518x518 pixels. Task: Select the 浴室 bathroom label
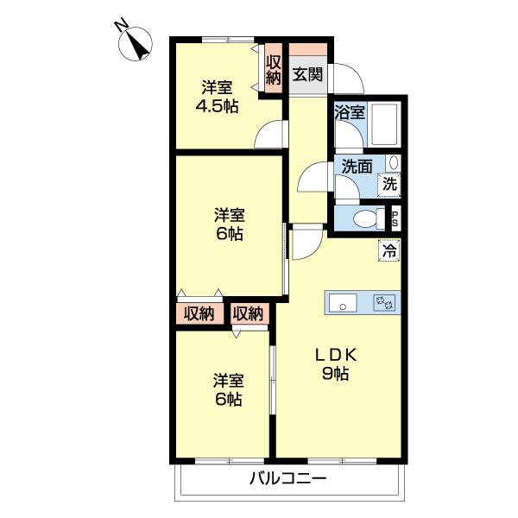click(x=350, y=112)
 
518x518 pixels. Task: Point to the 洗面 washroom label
click(x=356, y=167)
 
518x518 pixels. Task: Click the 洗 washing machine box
click(x=391, y=183)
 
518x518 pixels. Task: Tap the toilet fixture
click(x=366, y=218)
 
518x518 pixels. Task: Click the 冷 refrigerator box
click(x=389, y=252)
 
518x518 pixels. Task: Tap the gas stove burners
click(x=382, y=302)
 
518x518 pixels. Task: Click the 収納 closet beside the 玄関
click(x=274, y=69)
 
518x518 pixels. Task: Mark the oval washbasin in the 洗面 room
click(x=394, y=162)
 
